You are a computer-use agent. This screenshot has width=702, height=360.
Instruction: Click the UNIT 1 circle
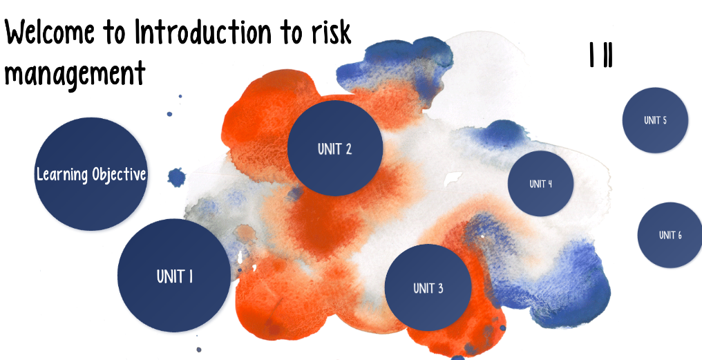pyautogui.click(x=174, y=276)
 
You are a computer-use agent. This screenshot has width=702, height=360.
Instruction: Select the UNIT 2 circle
pyautogui.click(x=335, y=148)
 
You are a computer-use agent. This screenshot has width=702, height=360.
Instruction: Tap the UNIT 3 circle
pyautogui.click(x=428, y=287)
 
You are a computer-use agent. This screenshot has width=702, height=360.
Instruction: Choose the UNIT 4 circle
pyautogui.click(x=540, y=184)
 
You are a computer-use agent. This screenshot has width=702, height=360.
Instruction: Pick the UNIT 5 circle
pyautogui.click(x=655, y=120)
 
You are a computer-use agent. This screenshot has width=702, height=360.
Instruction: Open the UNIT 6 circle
pyautogui.click(x=670, y=235)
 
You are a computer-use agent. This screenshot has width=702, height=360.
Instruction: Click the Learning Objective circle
pyautogui.click(x=91, y=174)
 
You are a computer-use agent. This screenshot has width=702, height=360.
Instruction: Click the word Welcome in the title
pyautogui.click(x=50, y=32)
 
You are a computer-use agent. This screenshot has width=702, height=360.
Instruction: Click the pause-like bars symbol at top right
pyautogui.click(x=601, y=55)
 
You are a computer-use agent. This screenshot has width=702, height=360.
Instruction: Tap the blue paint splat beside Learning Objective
pyautogui.click(x=176, y=178)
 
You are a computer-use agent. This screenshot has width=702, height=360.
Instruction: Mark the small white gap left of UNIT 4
pyautogui.click(x=453, y=178)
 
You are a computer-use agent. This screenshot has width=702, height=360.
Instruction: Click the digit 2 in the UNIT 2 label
pyautogui.click(x=348, y=149)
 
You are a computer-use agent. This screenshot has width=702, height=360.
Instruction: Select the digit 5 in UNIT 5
pyautogui.click(x=664, y=120)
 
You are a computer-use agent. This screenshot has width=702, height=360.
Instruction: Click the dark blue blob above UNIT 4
pyautogui.click(x=504, y=133)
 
